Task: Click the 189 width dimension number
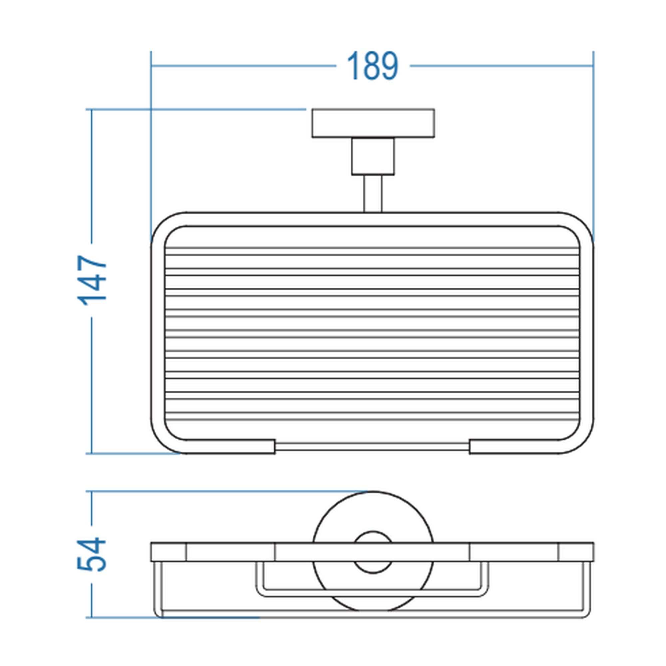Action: pyautogui.click(x=372, y=66)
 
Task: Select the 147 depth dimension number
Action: pyautogui.click(x=92, y=280)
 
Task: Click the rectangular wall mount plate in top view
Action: pyautogui.click(x=373, y=123)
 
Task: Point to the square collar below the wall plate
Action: pyautogui.click(x=373, y=156)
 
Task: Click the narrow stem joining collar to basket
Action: pyautogui.click(x=373, y=193)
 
